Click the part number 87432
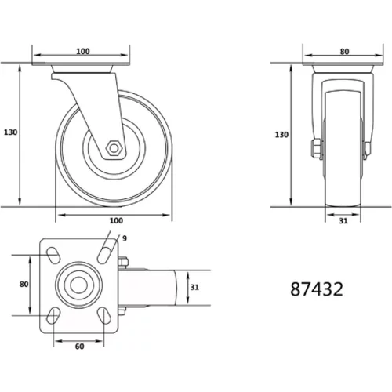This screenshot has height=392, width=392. [317, 289]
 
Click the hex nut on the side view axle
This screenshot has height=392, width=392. [114, 148]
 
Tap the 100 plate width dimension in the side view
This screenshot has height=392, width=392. [83, 51]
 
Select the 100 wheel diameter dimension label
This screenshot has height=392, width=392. [116, 220]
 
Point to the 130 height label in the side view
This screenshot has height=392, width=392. [10, 132]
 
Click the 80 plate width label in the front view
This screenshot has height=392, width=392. [344, 52]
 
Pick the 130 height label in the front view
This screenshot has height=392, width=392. [281, 135]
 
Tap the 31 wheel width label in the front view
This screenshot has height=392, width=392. [343, 221]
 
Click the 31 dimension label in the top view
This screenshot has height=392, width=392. [194, 287]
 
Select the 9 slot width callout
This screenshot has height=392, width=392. [125, 238]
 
